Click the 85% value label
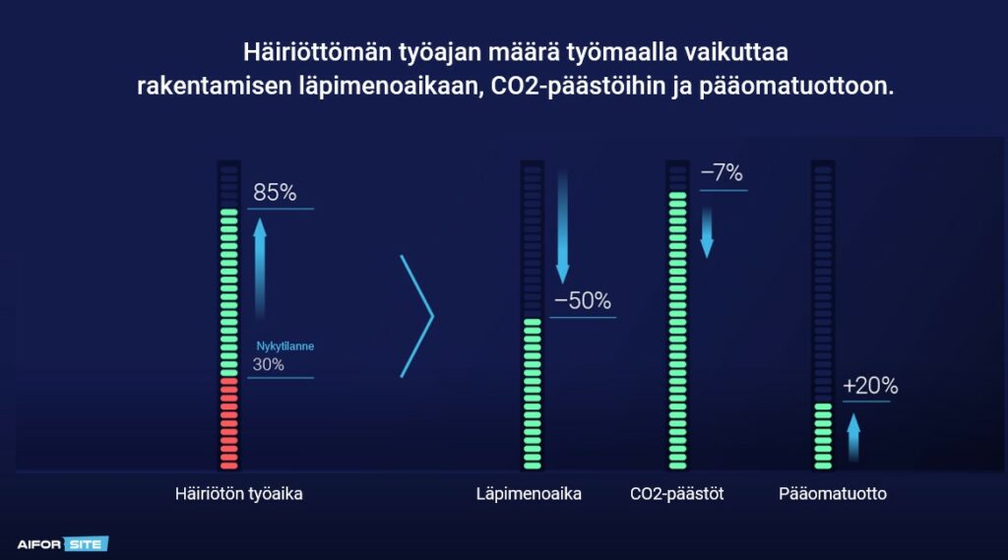coord(275,192)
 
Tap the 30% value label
coord(268,364)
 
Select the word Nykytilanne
coord(284,345)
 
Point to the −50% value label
coord(583,300)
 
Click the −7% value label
coord(722,172)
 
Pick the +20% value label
coord(870,385)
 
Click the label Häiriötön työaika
coord(238,494)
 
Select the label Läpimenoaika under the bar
coord(529,494)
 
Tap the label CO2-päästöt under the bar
coord(677,494)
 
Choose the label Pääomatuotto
coord(833,494)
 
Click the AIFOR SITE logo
coord(62,544)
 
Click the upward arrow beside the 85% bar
coord(260,269)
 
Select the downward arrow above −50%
coord(562,227)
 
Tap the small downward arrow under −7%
coord(707,232)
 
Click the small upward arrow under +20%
coord(853,437)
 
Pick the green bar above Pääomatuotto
coord(823,436)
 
